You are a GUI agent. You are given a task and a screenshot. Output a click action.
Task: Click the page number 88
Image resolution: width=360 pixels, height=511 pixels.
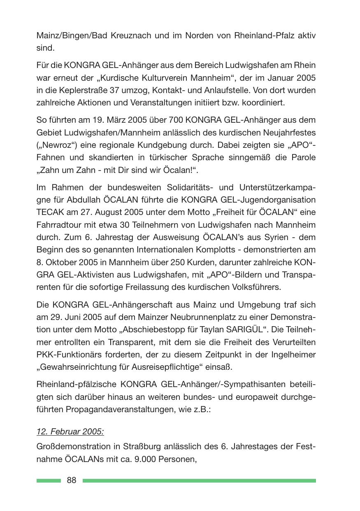pos(72,480)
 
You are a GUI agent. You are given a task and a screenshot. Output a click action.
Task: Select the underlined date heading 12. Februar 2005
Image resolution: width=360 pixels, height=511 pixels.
pos(70,432)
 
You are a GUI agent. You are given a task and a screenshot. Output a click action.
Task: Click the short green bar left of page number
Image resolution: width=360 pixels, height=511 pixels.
pos(49,481)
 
